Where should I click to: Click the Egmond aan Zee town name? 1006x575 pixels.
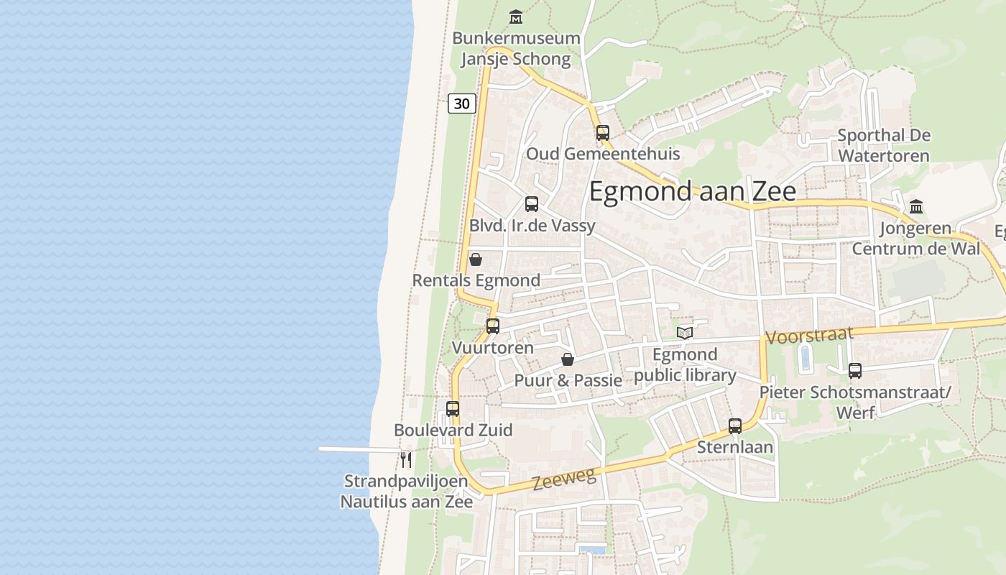coord(692,192)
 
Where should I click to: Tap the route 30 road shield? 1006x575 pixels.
coord(462,103)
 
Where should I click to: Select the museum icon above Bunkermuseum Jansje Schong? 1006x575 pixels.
coord(515,17)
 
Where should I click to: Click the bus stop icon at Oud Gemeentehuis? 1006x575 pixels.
coord(603,132)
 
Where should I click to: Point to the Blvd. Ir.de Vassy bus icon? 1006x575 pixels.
coord(532,204)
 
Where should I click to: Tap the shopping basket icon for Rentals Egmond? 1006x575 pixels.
coord(475,259)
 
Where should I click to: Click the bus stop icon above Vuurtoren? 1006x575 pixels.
coord(493,326)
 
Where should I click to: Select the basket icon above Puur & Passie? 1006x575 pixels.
coord(568,359)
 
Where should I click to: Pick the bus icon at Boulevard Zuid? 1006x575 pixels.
coord(453,409)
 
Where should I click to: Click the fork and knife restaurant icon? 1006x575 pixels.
coord(406,459)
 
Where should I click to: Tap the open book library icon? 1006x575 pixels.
coord(685,333)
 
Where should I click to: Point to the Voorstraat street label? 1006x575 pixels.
coord(809,335)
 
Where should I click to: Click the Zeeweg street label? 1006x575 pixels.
coord(565,478)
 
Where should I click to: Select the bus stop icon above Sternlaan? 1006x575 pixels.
coord(735,425)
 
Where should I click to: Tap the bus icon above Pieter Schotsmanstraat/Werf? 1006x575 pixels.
coord(855,371)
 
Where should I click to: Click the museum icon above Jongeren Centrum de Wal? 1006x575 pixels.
coord(916,207)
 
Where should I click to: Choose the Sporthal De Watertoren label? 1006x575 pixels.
coord(884,145)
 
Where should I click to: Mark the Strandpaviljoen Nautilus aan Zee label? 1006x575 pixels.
coord(407,491)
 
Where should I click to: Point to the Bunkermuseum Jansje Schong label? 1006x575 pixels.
coord(516,48)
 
